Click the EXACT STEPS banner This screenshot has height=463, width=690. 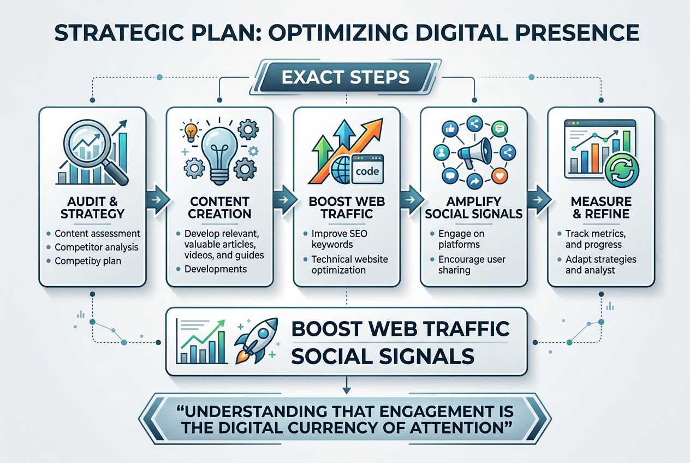[346, 78]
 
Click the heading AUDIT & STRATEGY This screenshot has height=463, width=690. [92, 207]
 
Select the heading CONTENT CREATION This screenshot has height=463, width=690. [219, 207]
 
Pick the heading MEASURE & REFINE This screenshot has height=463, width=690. [600, 207]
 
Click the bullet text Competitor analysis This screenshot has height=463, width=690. [96, 247]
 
